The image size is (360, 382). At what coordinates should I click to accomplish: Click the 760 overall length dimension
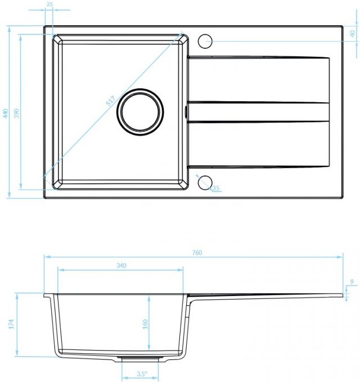197,253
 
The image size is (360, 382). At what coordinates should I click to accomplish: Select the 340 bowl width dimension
121,266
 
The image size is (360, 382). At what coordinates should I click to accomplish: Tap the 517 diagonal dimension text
110,101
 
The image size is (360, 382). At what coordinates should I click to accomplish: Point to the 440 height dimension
6,113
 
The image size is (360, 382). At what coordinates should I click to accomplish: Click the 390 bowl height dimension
16,113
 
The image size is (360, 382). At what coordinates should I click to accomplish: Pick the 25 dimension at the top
49,4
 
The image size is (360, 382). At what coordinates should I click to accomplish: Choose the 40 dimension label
353,34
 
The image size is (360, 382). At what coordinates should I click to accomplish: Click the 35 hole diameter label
216,188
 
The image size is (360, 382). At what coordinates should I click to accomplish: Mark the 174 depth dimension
11,324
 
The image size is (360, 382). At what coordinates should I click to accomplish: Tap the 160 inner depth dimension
145,324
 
